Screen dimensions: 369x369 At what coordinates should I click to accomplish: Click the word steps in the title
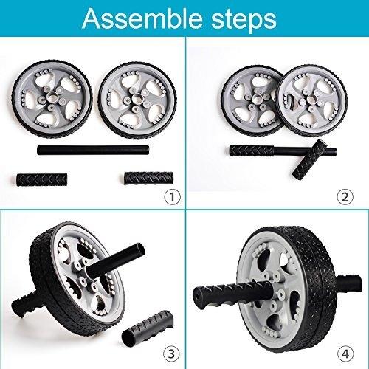tap(244, 21)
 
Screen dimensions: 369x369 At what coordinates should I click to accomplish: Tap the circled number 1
tap(172, 197)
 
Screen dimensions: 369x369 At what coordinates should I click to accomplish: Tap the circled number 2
tap(345, 197)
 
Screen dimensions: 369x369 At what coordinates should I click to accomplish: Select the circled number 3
tap(171, 354)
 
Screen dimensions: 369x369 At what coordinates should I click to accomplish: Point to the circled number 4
tap(345, 354)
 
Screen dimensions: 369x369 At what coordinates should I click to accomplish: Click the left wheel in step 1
tap(52, 99)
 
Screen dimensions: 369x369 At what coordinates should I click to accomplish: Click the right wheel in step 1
tap(137, 101)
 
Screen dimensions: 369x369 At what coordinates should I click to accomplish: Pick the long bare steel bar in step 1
tap(93, 150)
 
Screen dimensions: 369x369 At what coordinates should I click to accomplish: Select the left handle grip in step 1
tap(42, 180)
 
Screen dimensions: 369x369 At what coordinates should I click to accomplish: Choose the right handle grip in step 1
tap(148, 179)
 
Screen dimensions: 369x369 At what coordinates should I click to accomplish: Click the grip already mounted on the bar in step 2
tap(252, 151)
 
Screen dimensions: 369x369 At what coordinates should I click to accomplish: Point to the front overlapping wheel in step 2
tap(311, 100)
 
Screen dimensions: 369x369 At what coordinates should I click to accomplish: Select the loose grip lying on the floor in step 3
tap(148, 325)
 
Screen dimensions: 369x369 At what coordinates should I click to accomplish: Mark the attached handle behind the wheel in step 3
tap(24, 304)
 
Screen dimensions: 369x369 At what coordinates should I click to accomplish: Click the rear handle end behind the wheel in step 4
tap(349, 283)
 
